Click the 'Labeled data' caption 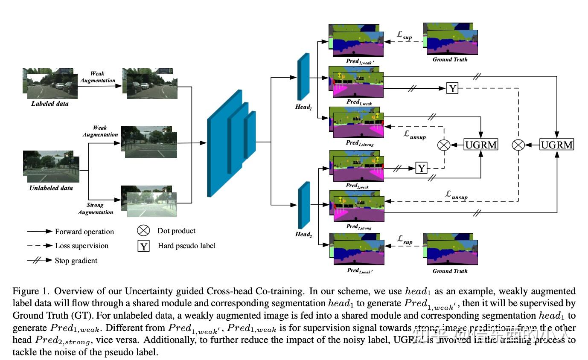(50, 104)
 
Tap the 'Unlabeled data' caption (51, 188)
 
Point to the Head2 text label (303, 235)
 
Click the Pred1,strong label (360, 144)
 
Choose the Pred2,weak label (357, 186)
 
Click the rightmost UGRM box (557, 145)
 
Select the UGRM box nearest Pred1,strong (481, 145)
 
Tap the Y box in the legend (144, 246)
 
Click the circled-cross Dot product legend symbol (143, 231)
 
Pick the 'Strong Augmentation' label (96, 209)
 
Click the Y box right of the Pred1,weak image (452, 88)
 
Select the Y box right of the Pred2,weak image (421, 168)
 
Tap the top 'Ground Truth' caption (450, 60)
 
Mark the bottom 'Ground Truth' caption (450, 271)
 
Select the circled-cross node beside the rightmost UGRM (518, 145)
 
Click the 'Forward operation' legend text (84, 232)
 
